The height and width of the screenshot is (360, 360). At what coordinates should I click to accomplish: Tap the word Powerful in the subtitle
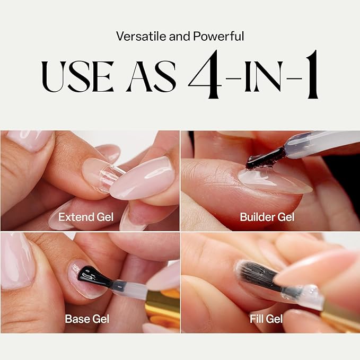click(222, 37)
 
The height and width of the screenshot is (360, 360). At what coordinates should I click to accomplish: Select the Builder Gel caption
click(267, 216)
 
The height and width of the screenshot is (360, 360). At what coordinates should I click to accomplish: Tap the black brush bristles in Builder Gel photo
click(265, 157)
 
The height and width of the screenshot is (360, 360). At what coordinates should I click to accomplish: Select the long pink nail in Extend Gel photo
click(143, 178)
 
